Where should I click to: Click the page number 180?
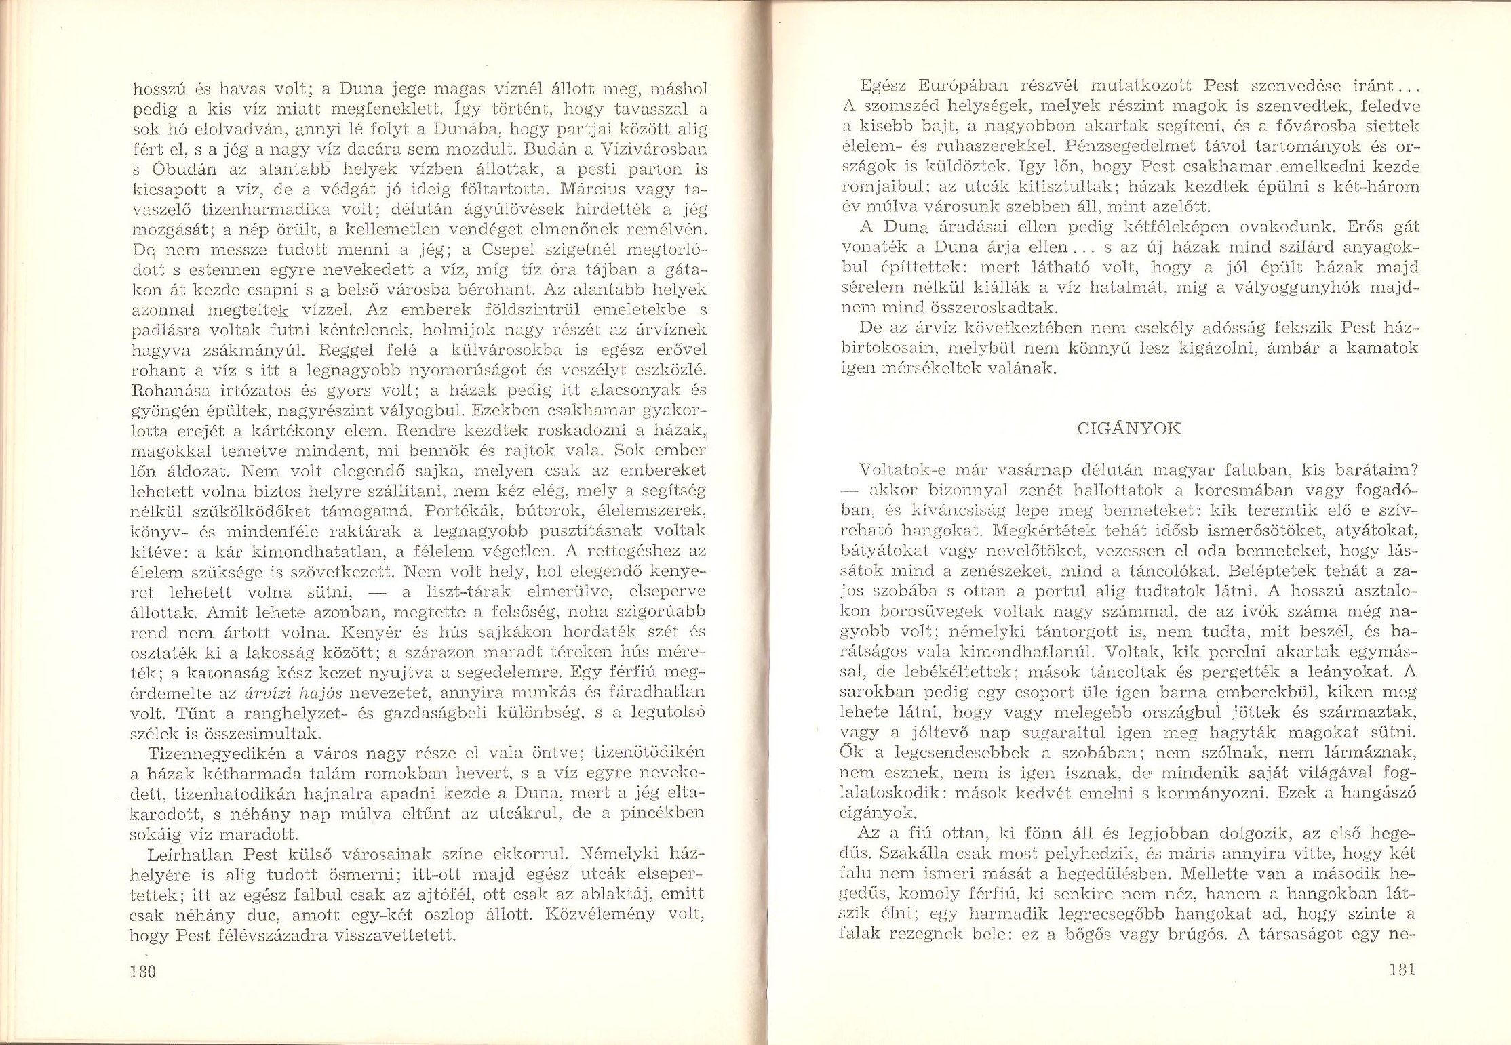143,971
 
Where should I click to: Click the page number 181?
1401,969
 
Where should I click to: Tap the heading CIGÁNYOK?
1129,429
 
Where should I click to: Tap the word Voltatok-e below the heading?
896,470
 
